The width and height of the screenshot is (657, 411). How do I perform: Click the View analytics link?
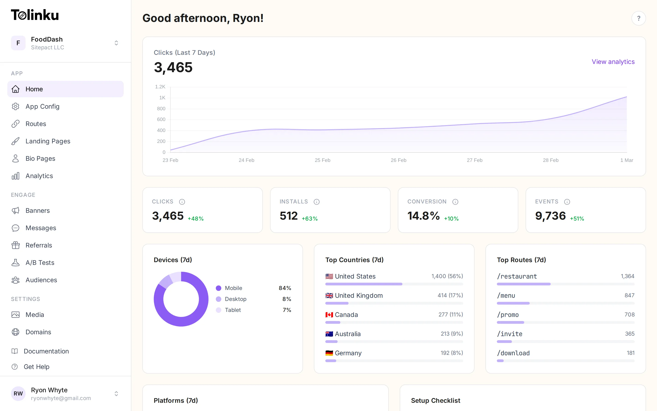(613, 62)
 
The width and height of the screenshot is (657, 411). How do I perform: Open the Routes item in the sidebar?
(36, 124)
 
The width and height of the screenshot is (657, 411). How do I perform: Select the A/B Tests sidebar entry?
(40, 263)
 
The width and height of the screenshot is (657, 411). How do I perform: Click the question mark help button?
(638, 18)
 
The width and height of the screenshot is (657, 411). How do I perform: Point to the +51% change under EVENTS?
(577, 219)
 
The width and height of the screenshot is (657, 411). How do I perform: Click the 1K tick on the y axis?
(162, 97)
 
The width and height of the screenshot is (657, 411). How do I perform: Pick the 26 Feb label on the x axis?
(398, 160)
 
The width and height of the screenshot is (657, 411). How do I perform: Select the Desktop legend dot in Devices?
(219, 299)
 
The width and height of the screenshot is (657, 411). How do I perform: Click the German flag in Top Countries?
(329, 353)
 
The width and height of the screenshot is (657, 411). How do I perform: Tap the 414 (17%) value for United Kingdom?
(450, 295)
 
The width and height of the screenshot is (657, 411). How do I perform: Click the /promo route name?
(508, 314)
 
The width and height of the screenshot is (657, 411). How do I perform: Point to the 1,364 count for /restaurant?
(627, 276)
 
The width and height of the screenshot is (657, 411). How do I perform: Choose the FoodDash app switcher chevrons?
(116, 43)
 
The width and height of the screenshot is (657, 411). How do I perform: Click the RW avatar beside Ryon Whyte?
(18, 393)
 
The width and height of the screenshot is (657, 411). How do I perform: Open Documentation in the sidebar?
(46, 351)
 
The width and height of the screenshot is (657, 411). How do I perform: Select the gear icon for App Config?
(16, 106)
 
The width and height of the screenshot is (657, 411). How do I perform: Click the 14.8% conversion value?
(423, 216)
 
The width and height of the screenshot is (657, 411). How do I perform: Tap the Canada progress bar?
(394, 322)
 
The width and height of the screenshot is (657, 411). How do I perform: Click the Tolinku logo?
(35, 15)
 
